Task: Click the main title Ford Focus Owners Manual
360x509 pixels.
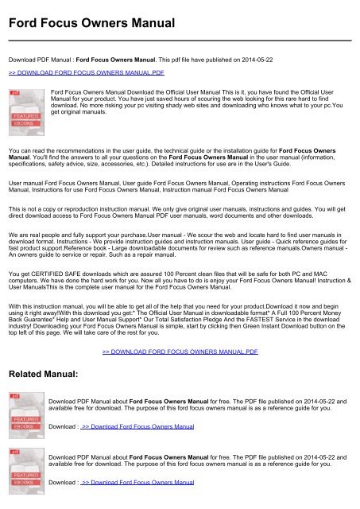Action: [x=91, y=23]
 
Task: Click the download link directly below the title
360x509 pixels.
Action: [x=86, y=70]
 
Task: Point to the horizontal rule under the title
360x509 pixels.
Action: [x=180, y=40]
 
